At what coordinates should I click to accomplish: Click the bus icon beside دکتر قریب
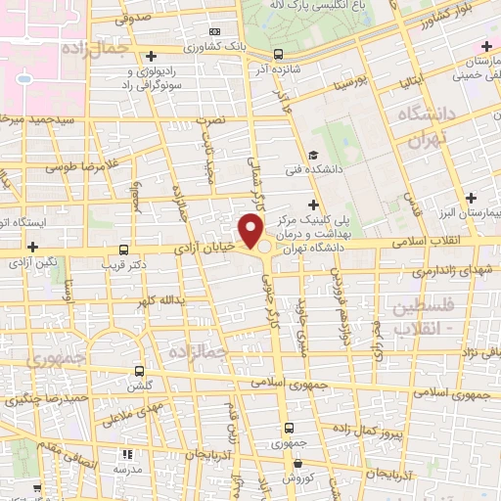(x=123, y=250)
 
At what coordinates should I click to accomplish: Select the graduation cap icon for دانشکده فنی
(x=312, y=156)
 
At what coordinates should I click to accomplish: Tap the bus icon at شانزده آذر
(x=280, y=55)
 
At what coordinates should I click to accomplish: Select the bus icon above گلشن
(x=139, y=371)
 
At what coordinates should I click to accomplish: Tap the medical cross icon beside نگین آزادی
(x=34, y=248)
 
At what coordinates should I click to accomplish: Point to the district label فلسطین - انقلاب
(x=423, y=317)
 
